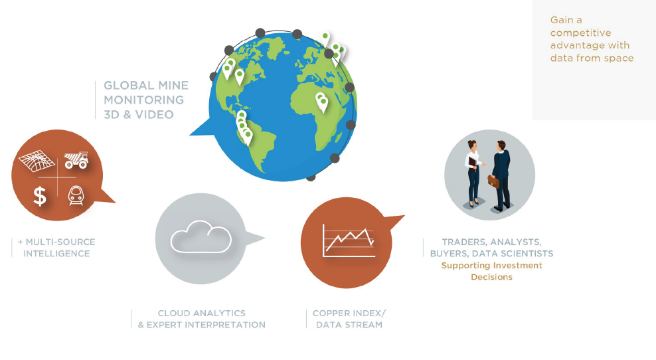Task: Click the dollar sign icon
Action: (40, 196)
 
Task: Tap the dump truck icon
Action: (76, 160)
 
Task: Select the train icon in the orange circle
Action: (76, 195)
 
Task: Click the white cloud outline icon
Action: (201, 237)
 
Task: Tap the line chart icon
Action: (349, 240)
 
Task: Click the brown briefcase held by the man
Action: (493, 181)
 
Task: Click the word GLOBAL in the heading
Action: (128, 86)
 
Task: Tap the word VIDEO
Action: (155, 115)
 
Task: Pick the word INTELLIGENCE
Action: (56, 254)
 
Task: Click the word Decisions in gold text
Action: (491, 277)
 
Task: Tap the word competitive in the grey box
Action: (581, 33)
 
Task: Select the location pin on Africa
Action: (322, 102)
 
